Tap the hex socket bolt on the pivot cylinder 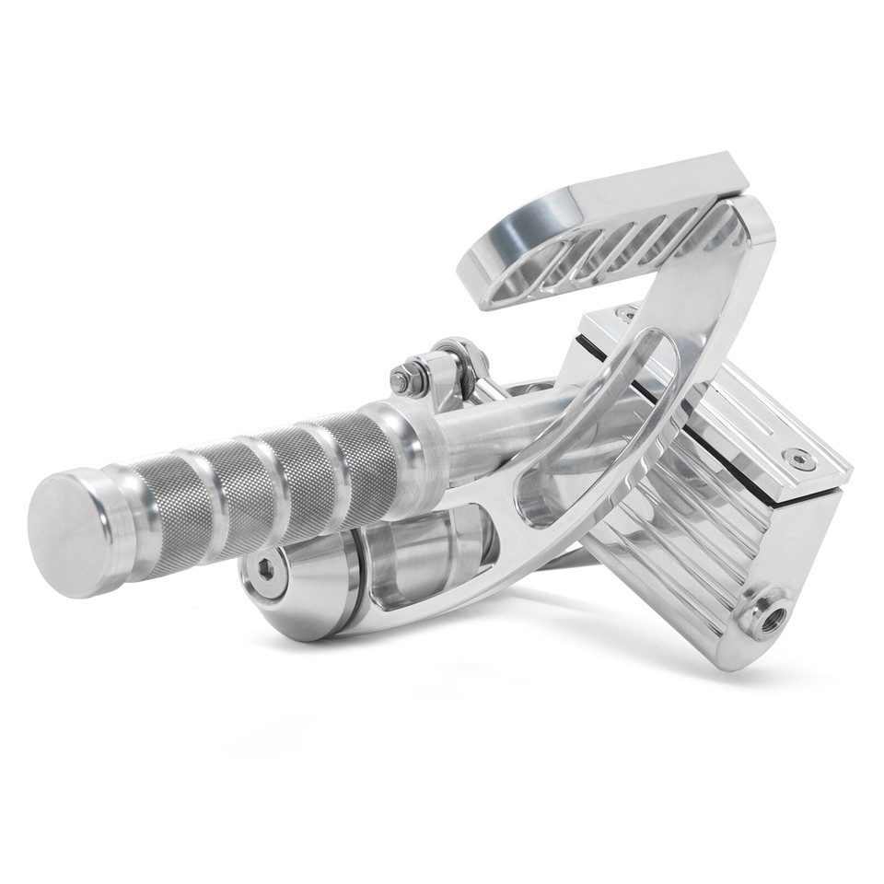[265, 569]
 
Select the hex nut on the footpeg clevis [401, 378]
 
